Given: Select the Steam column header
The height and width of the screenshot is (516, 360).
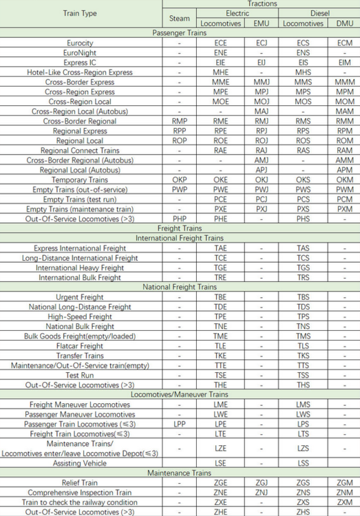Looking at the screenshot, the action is pyautogui.click(x=179, y=18).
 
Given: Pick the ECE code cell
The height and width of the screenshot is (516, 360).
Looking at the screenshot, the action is pyautogui.click(x=220, y=43).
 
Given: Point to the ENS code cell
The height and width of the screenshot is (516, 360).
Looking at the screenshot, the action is pyautogui.click(x=303, y=52).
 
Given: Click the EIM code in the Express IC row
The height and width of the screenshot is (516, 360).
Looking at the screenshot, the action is pyautogui.click(x=344, y=62).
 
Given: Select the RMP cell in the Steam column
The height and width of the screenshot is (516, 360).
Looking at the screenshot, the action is pyautogui.click(x=179, y=120).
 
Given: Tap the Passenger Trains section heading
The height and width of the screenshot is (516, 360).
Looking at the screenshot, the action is pyautogui.click(x=180, y=32).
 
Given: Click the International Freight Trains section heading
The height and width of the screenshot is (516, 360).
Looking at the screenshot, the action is pyautogui.click(x=180, y=238).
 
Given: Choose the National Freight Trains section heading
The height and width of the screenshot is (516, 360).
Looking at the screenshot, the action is pyautogui.click(x=180, y=287).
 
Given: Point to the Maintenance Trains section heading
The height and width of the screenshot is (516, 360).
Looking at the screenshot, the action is pyautogui.click(x=180, y=473).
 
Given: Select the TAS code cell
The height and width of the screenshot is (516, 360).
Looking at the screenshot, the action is pyautogui.click(x=303, y=248).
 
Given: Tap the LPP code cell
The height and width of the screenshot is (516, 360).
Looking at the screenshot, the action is pyautogui.click(x=179, y=424).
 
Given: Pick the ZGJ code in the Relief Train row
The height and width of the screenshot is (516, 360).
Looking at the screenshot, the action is pyautogui.click(x=262, y=483).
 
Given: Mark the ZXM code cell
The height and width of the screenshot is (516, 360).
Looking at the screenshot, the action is pyautogui.click(x=344, y=502).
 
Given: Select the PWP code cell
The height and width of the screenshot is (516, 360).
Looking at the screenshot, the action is pyautogui.click(x=179, y=189).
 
